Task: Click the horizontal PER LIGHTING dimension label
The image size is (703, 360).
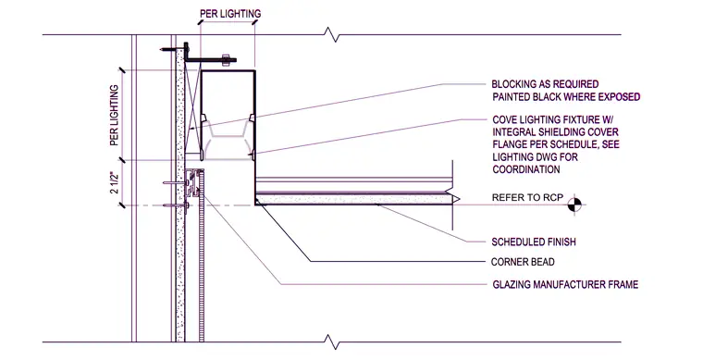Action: pyautogui.click(x=230, y=14)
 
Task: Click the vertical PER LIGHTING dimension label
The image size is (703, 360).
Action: pyautogui.click(x=115, y=115)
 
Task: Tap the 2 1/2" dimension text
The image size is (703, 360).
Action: pyautogui.click(x=115, y=182)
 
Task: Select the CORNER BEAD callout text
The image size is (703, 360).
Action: pyautogui.click(x=523, y=262)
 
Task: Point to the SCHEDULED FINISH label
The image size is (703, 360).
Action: pyautogui.click(x=534, y=242)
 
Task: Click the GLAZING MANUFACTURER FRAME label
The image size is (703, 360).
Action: pyautogui.click(x=565, y=284)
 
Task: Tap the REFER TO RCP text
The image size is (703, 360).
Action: pyautogui.click(x=527, y=197)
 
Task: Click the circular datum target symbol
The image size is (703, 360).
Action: pyautogui.click(x=574, y=205)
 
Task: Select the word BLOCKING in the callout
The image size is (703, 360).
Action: pyautogui.click(x=513, y=84)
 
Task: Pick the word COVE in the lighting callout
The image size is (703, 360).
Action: pyautogui.click(x=505, y=120)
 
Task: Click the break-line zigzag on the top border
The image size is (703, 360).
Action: pyautogui.click(x=332, y=34)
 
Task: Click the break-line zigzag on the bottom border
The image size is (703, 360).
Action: pyautogui.click(x=332, y=342)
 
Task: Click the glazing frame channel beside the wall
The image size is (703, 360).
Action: pyautogui.click(x=193, y=188)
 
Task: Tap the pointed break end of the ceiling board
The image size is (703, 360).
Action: pyautogui.click(x=456, y=199)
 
